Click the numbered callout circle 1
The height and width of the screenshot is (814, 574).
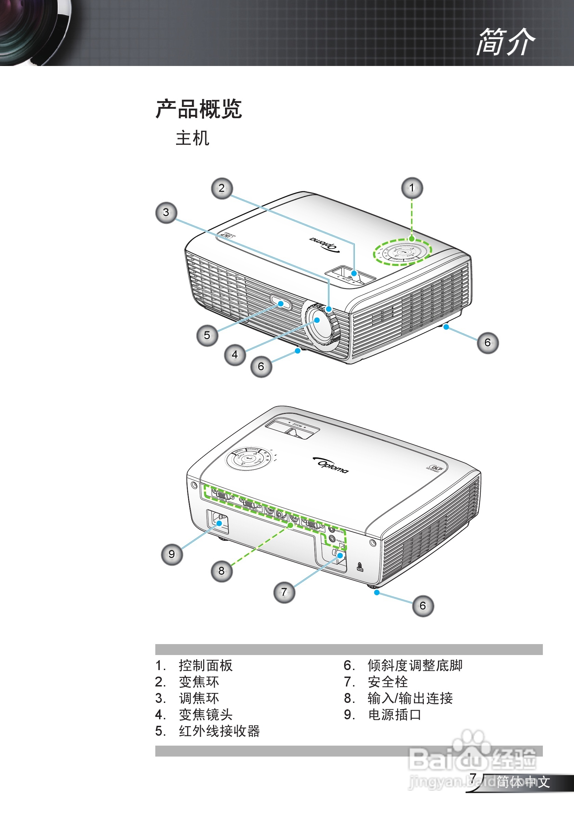412,188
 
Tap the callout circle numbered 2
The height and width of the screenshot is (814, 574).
222,188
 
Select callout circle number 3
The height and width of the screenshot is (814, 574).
166,213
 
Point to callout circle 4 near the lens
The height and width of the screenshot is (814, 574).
235,355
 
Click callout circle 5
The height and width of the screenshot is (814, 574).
207,335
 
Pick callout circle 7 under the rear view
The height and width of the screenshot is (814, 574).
284,592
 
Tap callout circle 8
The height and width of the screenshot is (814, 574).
222,571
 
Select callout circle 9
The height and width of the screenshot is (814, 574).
172,554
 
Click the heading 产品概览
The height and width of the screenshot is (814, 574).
199,109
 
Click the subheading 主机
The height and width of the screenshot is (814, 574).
192,138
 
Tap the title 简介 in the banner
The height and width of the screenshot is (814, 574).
505,42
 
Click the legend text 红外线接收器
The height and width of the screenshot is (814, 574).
219,731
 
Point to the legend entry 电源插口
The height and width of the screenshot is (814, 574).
394,715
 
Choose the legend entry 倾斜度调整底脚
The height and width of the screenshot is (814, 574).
415,665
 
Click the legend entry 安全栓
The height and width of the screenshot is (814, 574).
388,682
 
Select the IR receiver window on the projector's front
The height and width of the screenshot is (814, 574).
281,304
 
